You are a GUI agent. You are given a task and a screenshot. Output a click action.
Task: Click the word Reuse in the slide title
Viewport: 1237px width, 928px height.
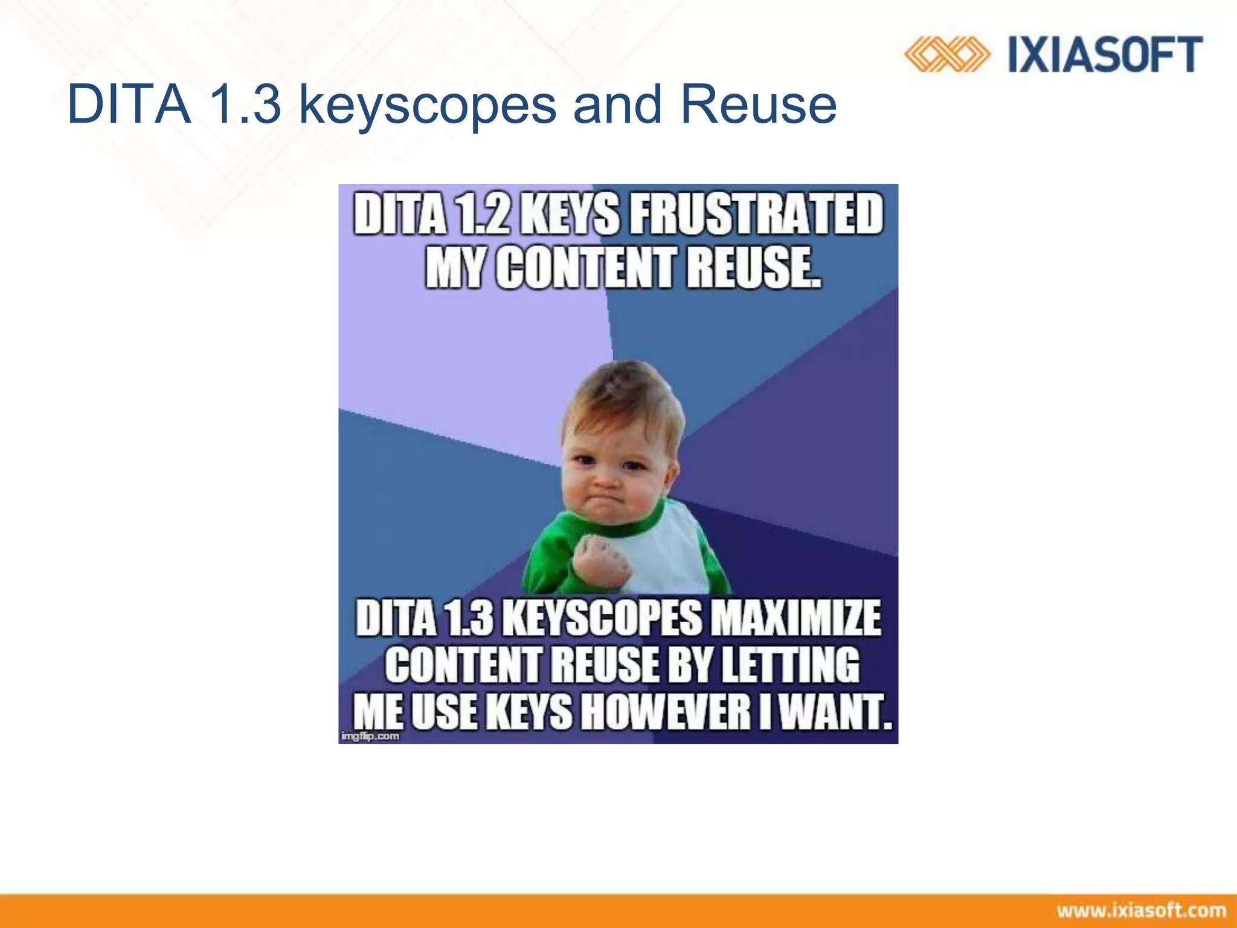tap(758, 105)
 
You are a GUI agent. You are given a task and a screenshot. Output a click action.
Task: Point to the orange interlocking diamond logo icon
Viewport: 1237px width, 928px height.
tap(946, 55)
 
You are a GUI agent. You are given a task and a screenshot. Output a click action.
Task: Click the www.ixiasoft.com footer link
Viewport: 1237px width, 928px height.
tap(1142, 910)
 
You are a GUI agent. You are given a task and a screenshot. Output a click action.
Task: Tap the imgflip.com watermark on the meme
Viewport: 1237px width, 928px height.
tap(370, 736)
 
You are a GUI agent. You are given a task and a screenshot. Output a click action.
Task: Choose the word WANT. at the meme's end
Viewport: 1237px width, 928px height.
tap(835, 712)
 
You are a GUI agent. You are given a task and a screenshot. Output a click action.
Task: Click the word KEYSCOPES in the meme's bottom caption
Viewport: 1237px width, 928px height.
tap(602, 618)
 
